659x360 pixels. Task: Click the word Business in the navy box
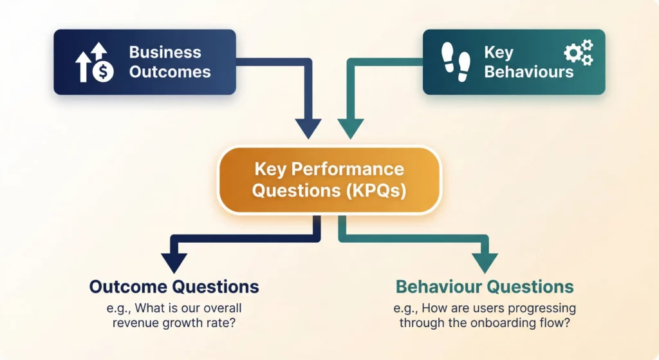point(165,52)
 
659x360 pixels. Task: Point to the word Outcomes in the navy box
point(170,71)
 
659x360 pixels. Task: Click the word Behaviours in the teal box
point(528,71)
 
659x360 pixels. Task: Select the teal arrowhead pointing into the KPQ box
point(351,128)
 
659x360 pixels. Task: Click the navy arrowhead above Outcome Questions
point(174,262)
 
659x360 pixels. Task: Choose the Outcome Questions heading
point(174,287)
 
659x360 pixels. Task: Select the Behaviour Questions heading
point(485,287)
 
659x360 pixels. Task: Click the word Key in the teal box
point(499,52)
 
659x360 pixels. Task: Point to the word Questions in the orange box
point(293,191)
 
